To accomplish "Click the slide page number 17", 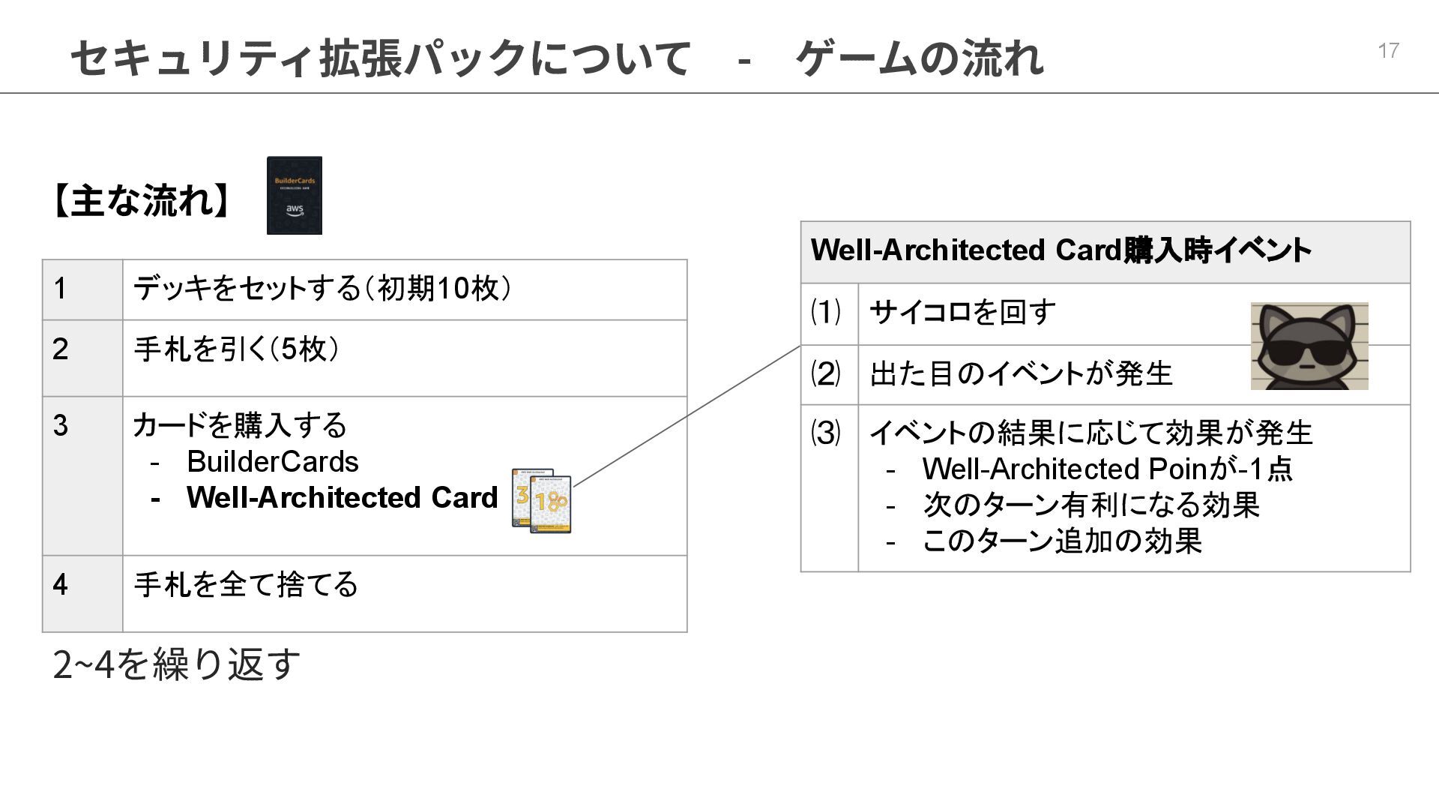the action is click(x=1388, y=50).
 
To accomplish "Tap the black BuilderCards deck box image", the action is click(x=295, y=195).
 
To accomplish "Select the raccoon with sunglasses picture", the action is click(x=1309, y=346).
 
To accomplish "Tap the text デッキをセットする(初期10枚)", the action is click(x=322, y=288).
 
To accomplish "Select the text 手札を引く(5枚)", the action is click(x=236, y=349).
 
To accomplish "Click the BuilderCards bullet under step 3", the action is click(x=272, y=462).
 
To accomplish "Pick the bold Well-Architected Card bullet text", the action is click(x=342, y=497).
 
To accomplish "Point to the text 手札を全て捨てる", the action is click(x=246, y=584).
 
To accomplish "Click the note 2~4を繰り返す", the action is click(x=176, y=664).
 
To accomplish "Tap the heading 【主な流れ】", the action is click(x=142, y=201).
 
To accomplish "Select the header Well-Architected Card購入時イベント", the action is click(x=1061, y=250).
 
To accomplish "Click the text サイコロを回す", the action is click(x=962, y=312).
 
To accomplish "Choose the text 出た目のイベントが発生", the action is click(x=1021, y=373).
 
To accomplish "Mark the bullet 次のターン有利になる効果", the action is click(x=1090, y=505).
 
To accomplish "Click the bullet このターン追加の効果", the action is click(x=1062, y=541).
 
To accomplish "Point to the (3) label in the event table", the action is click(x=826, y=433).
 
